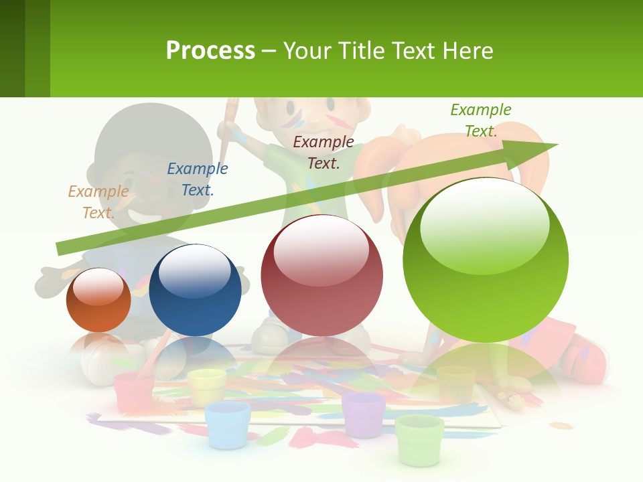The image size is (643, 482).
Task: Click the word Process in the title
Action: [210, 51]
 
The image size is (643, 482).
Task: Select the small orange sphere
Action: [98, 301]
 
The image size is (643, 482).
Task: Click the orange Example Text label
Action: [98, 202]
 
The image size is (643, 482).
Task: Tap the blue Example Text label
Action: [197, 179]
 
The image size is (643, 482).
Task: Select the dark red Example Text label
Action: [324, 152]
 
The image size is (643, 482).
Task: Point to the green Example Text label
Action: [481, 120]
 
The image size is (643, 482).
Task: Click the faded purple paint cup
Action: [364, 414]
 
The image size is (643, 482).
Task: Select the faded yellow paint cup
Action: [206, 387]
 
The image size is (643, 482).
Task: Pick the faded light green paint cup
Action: [419, 438]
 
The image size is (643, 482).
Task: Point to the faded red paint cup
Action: [134, 391]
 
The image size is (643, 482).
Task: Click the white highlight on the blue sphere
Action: [194, 271]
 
